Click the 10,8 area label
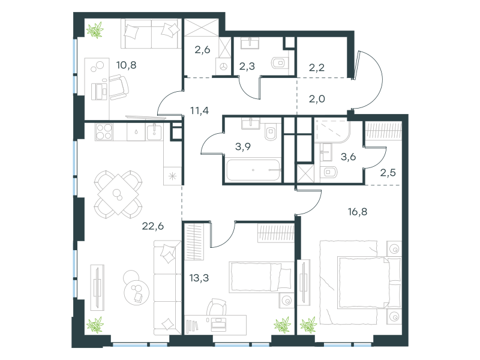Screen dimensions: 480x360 click(126, 65)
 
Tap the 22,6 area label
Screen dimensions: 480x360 click(153, 226)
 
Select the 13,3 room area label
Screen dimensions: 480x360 click(199, 278)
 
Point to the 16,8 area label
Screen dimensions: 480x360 click(358, 212)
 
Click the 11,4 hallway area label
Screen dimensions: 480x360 click(200, 110)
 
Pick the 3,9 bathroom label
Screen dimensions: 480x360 click(243, 146)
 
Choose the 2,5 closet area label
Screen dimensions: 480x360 click(388, 173)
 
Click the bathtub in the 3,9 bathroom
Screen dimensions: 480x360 click(253, 170)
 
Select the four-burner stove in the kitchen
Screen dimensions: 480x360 click(104, 132)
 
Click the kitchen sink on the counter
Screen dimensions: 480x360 click(155, 132)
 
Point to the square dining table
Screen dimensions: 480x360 click(118, 194)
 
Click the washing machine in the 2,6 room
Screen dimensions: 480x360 click(224, 66)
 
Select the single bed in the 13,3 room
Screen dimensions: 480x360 click(261, 277)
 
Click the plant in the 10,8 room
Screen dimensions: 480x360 click(95, 30)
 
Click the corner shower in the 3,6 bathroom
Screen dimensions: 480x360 click(332, 131)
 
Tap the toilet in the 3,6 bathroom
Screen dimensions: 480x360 click(329, 172)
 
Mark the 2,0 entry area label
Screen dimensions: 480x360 click(317, 99)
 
